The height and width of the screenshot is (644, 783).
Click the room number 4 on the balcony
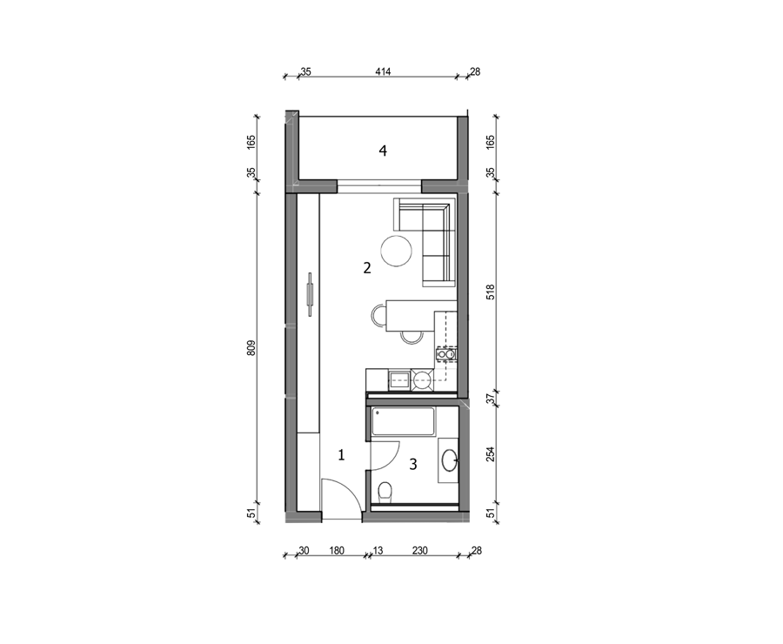coord(383,151)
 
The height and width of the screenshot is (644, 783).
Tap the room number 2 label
coord(367,268)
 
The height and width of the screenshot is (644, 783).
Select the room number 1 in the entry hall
coord(342,455)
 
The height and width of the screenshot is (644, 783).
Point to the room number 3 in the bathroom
coord(413,465)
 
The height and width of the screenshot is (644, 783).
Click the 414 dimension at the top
coord(383,71)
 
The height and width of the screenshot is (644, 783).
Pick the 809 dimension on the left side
coord(251,348)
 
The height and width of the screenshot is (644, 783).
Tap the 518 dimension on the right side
coord(491,292)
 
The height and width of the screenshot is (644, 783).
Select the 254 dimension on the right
coord(491,454)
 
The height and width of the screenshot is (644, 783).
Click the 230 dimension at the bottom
coord(420,551)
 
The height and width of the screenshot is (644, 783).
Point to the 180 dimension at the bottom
coord(337,551)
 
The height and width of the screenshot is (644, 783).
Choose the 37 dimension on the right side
coord(491,399)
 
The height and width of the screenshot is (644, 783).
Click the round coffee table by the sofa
coord(397,251)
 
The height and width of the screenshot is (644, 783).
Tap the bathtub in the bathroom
coord(403,422)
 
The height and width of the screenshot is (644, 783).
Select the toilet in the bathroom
coord(385,493)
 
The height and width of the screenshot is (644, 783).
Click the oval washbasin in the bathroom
coord(450,460)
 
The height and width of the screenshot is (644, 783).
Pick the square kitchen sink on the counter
coord(399,380)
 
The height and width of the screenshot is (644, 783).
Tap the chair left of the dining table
coord(378,316)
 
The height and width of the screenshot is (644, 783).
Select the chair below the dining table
coord(412,339)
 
